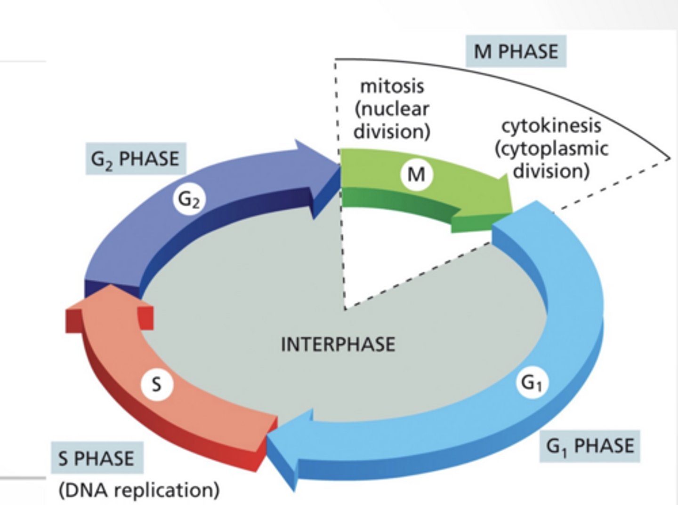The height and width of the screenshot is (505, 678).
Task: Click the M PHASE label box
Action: click(516, 51)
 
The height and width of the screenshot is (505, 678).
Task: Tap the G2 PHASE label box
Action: click(136, 158)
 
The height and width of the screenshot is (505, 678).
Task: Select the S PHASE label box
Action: click(97, 458)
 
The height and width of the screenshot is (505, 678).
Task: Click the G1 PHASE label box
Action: click(589, 446)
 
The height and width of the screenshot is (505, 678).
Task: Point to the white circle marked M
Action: click(416, 174)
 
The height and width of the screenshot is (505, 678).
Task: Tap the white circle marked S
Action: click(157, 385)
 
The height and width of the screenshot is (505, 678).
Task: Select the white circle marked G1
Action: click(532, 383)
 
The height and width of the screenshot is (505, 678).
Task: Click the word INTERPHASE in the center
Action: click(338, 345)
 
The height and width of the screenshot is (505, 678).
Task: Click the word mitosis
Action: click(392, 86)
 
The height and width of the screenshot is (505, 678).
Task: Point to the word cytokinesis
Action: click(551, 126)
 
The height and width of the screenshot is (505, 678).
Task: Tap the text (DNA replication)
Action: click(139, 490)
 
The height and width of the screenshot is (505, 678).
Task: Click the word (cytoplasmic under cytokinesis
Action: click(551, 149)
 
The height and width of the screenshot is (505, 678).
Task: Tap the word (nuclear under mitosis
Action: click(392, 109)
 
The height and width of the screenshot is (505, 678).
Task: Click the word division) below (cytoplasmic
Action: click(551, 171)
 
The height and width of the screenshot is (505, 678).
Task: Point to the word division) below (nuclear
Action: click(392, 131)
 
